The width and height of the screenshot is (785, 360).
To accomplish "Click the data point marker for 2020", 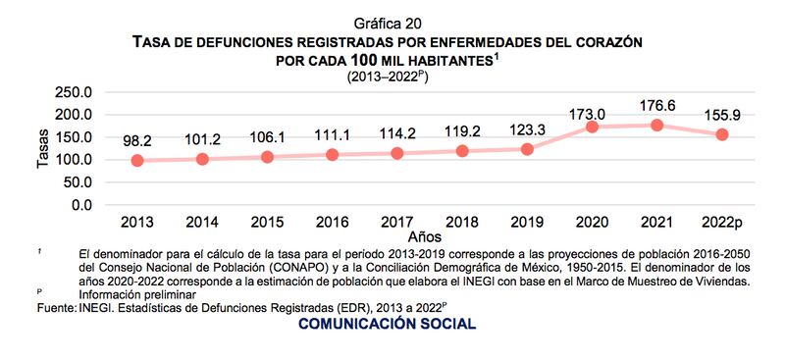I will [x=593, y=127].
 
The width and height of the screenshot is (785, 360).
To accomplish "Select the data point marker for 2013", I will [x=137, y=161].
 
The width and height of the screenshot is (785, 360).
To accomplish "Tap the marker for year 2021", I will [x=657, y=125].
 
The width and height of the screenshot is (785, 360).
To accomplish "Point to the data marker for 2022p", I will [x=722, y=134].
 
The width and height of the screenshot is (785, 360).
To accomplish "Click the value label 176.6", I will [x=657, y=104].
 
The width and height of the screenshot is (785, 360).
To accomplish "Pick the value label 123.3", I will [x=528, y=129].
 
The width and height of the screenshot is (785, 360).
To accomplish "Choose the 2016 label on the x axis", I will [x=333, y=222].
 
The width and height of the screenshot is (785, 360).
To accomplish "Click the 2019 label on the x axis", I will [x=528, y=222].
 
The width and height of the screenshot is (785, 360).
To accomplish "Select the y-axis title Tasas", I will [x=43, y=149].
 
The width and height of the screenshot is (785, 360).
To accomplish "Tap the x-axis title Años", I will [x=425, y=236].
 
